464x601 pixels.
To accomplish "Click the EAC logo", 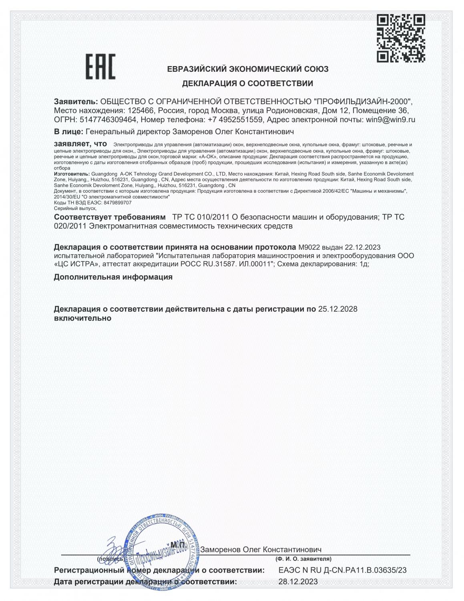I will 100,67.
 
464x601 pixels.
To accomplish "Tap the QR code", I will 401,38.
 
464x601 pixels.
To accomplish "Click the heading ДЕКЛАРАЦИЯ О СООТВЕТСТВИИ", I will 247,84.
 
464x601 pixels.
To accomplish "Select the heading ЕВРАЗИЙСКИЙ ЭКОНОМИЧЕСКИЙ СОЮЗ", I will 247,69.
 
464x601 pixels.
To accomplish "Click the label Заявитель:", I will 76,101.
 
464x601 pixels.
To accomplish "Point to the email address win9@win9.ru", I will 390,119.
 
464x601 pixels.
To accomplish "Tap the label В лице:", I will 68,131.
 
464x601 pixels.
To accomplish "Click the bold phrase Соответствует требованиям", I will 110,217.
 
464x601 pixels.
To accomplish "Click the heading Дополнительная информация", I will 113,277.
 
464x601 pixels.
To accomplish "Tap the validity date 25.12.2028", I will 337,309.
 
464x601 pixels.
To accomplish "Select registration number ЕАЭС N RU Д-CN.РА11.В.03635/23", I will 342,570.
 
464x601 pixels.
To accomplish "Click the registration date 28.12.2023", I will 298,582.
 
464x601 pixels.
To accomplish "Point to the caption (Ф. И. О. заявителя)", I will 303,559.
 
